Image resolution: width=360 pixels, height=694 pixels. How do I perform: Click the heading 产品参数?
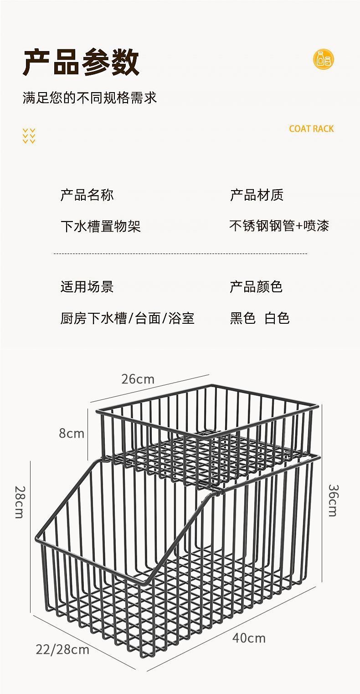81,62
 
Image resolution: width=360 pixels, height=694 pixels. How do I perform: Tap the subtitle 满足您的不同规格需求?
90,98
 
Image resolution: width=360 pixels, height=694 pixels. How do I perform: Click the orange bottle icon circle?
324,59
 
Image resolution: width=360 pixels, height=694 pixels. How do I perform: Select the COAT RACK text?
311,129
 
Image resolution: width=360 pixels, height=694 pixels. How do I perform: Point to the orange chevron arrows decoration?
29,136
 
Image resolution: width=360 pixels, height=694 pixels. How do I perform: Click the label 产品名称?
87,195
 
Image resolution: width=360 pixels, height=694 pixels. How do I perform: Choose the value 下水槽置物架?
101,226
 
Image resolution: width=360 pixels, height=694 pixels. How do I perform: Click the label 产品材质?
257,195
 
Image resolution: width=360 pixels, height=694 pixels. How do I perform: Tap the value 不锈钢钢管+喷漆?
279,226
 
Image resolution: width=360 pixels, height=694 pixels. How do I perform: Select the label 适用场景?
87,287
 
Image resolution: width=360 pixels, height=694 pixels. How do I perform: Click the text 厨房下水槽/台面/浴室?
128,318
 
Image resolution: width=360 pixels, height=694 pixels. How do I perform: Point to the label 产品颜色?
256,287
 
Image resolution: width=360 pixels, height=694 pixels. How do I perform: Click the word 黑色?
242,318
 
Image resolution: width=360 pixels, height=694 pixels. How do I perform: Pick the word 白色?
277,318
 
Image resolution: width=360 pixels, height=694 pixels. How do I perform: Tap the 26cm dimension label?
138,379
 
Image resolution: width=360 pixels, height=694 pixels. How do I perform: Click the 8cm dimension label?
72,433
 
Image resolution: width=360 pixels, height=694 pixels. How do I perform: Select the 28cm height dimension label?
19,502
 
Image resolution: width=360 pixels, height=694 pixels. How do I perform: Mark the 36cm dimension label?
333,500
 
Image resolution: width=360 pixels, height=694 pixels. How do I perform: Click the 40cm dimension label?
249,638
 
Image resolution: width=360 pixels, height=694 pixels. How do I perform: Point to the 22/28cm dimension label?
62,649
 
